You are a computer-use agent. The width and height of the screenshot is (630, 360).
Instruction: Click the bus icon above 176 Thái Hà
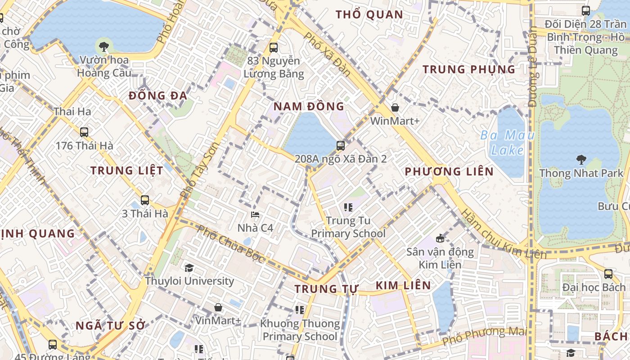tap(84, 132)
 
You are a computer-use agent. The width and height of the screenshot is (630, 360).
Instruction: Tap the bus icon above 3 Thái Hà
tap(145, 200)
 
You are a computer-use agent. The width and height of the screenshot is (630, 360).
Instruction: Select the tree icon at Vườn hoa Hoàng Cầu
tap(104, 46)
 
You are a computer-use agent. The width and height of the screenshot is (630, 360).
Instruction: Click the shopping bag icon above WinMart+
tap(395, 108)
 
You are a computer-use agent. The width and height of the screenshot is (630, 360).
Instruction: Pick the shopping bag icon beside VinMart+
tap(218, 307)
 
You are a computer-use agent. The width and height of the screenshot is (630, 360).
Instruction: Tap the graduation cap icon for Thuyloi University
tap(189, 268)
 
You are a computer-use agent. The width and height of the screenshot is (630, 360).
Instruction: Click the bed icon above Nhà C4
tap(255, 215)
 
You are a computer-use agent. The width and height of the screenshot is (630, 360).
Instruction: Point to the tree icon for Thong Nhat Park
tap(581, 159)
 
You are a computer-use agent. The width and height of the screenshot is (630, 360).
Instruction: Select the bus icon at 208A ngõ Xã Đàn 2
tap(341, 146)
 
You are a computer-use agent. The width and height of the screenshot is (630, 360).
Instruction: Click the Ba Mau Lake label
tap(507, 142)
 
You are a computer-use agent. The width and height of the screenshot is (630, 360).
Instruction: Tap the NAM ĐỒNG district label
tap(309, 107)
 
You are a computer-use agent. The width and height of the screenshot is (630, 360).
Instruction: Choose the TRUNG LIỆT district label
tap(126, 171)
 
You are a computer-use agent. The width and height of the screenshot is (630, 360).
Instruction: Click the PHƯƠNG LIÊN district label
tap(449, 171)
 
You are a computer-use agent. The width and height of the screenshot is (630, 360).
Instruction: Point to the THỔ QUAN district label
tap(369, 14)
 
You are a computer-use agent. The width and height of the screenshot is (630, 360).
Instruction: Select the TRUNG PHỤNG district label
tap(468, 69)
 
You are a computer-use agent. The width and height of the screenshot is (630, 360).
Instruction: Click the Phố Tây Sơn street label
tap(199, 170)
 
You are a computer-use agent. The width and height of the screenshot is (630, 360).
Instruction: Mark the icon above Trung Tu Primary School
tap(348, 207)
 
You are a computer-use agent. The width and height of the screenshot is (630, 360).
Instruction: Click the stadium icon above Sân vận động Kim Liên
tap(440, 238)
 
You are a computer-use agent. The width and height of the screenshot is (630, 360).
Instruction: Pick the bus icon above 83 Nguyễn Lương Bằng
tap(274, 48)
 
